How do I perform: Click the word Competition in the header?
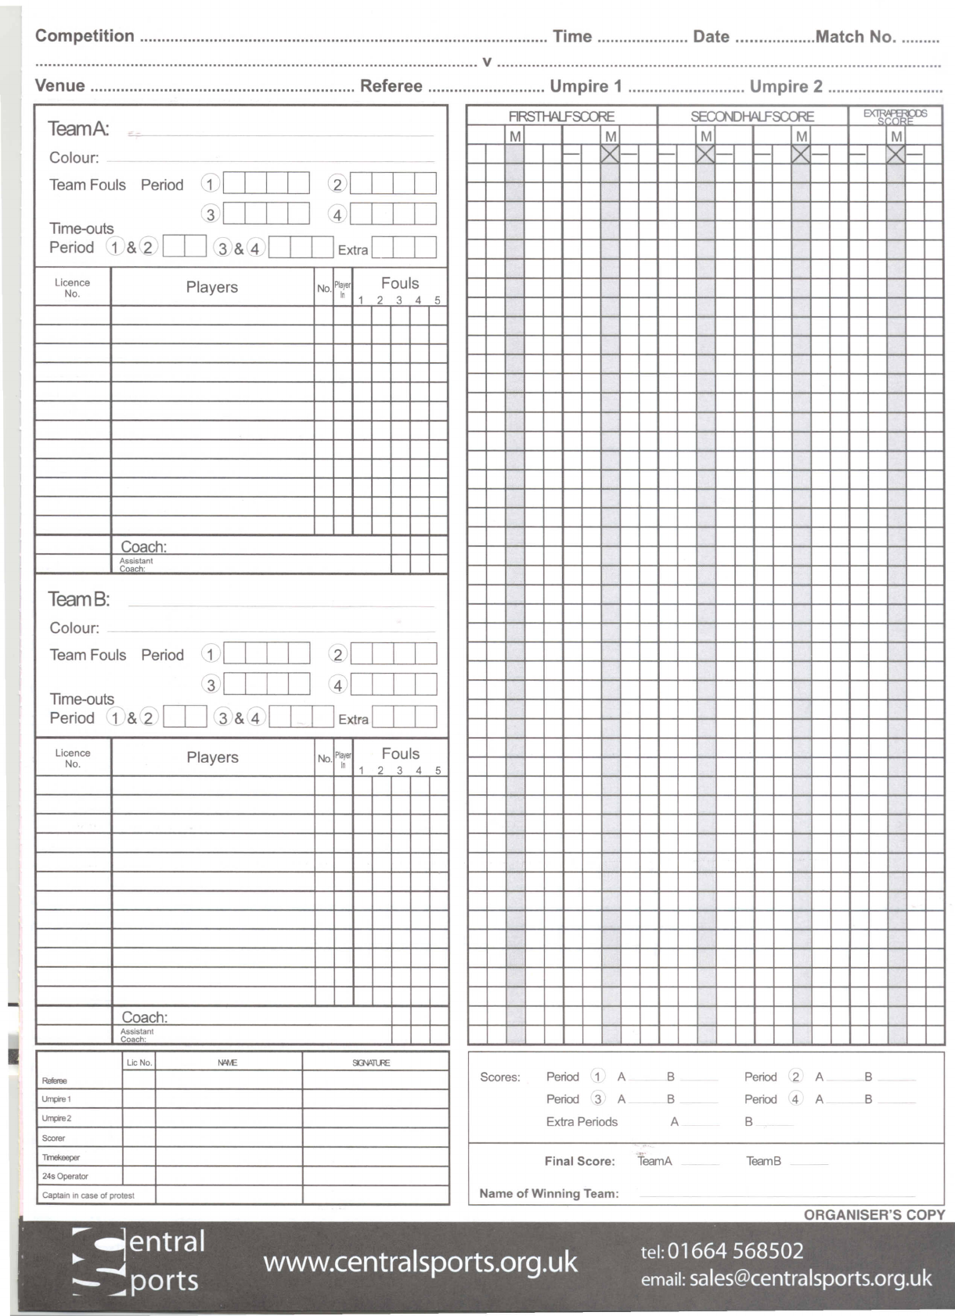(x=85, y=36)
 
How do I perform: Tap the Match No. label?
(x=856, y=37)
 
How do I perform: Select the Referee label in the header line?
(x=391, y=86)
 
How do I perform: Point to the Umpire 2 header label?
(x=786, y=86)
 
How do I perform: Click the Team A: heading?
(x=78, y=128)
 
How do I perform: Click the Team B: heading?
(x=78, y=599)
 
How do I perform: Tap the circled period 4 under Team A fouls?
(x=337, y=214)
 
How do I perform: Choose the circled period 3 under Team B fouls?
(x=211, y=685)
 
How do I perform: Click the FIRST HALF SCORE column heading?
(x=561, y=117)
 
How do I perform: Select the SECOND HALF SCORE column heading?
(x=752, y=117)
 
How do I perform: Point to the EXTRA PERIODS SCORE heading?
(x=896, y=117)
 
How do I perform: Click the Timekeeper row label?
(x=61, y=1157)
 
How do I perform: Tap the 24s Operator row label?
(x=65, y=1176)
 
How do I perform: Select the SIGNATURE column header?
(x=371, y=1063)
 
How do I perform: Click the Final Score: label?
(x=579, y=1161)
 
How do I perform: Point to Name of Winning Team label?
(x=549, y=1193)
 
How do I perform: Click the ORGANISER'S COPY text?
(x=874, y=1215)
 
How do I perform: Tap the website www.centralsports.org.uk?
(x=420, y=1261)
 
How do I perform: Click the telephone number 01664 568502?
(x=735, y=1250)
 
